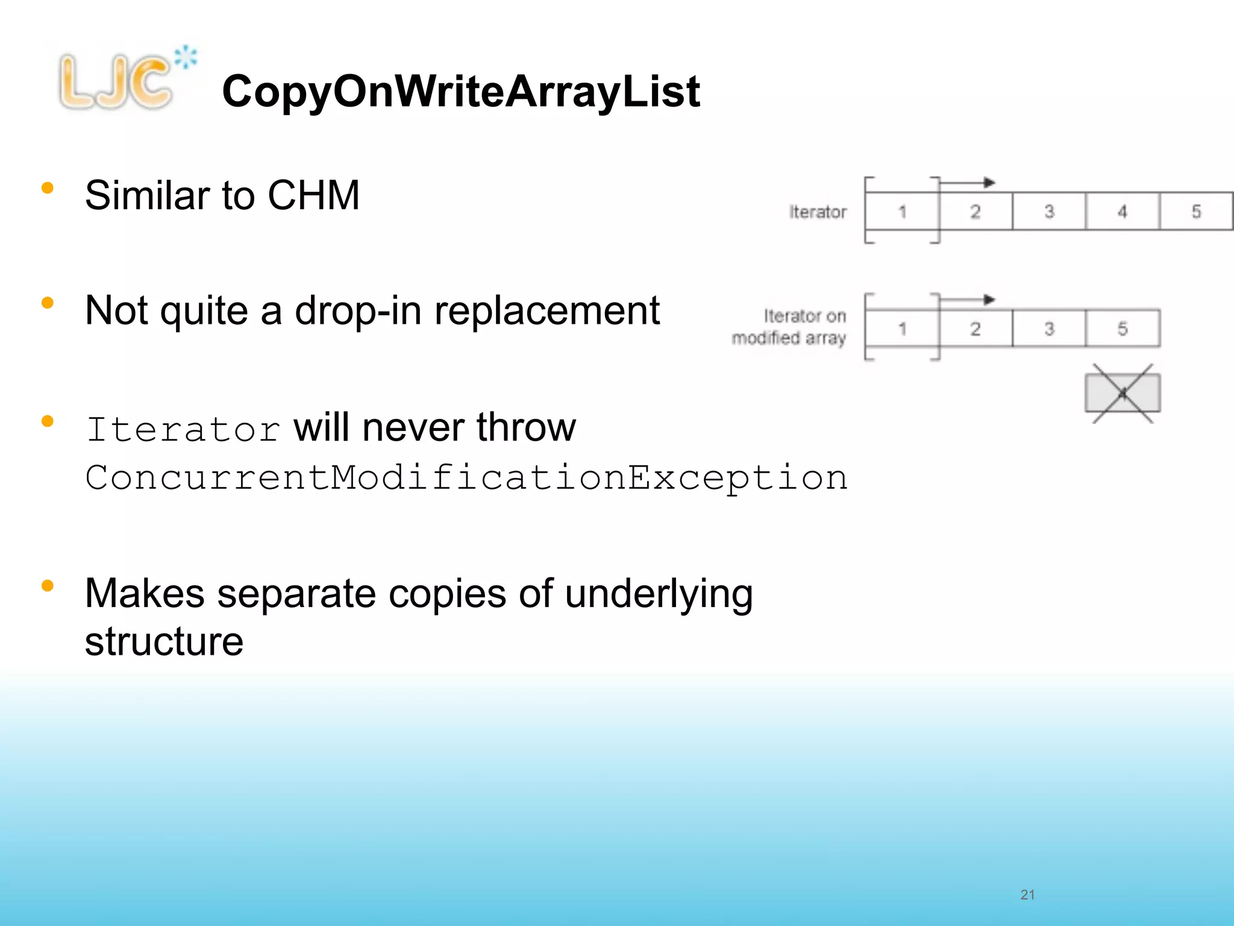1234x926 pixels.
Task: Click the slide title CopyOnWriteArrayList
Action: click(x=461, y=92)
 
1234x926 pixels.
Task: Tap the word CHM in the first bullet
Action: click(x=313, y=195)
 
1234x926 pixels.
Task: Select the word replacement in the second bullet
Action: click(x=547, y=311)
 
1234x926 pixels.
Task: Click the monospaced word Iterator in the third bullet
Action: click(x=183, y=429)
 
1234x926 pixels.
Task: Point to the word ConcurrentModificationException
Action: click(x=466, y=478)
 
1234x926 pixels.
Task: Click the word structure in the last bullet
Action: click(x=164, y=641)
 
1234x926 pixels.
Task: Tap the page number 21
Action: click(x=1027, y=895)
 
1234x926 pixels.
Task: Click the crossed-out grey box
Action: click(x=1123, y=393)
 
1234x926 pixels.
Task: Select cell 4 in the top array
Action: click(x=1122, y=212)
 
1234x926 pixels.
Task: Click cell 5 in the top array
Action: click(x=1196, y=212)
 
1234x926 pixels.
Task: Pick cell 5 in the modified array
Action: click(x=1122, y=329)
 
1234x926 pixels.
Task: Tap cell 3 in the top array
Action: click(x=1049, y=212)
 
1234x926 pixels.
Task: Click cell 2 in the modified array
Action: click(x=976, y=329)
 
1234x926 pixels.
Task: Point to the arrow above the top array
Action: click(x=967, y=182)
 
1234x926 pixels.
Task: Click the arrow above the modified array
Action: click(x=967, y=299)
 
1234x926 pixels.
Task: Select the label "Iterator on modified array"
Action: click(x=789, y=327)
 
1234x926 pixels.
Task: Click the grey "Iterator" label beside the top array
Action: click(x=818, y=212)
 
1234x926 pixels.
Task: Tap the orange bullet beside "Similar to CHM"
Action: click(x=48, y=188)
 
